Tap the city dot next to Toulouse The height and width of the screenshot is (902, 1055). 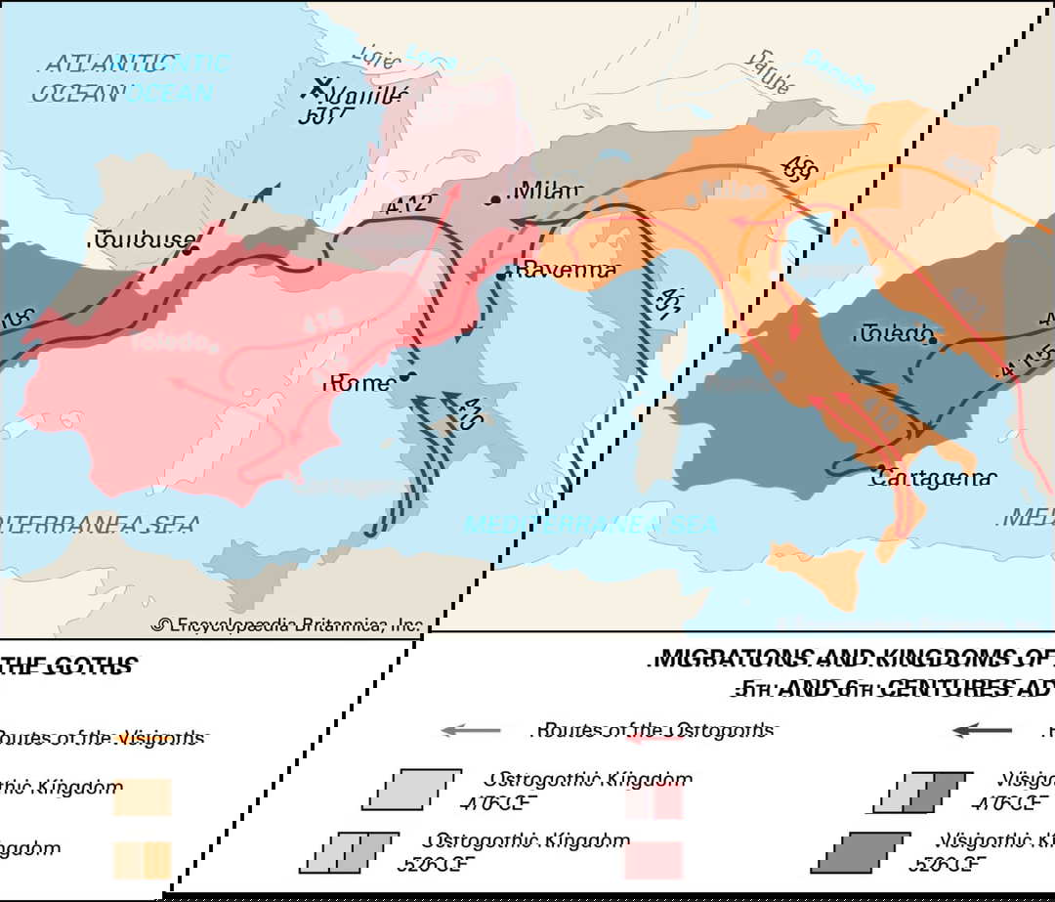[x=190, y=249]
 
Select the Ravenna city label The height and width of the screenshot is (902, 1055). [x=569, y=269]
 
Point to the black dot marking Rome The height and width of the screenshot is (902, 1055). [x=403, y=376]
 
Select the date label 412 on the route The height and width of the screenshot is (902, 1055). [x=408, y=205]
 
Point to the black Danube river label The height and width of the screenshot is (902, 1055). [x=768, y=71]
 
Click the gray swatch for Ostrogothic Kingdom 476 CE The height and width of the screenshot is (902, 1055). [x=411, y=790]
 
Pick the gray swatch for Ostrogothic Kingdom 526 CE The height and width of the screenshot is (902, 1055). [x=349, y=852]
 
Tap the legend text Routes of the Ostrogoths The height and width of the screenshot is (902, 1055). [x=654, y=730]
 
